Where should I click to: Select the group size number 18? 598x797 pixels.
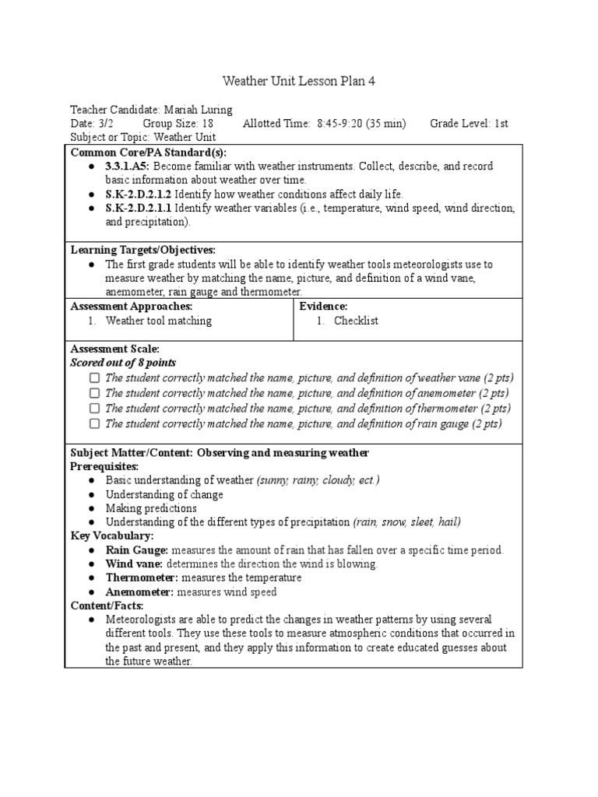206,124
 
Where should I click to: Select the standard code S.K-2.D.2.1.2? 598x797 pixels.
139,193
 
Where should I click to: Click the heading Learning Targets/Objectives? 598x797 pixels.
142,250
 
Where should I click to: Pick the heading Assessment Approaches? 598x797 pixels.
132,307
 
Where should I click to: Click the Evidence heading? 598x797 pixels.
323,307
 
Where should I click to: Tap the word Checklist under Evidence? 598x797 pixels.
356,321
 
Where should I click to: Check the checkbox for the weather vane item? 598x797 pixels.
94,377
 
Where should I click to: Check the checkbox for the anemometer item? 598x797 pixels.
94,393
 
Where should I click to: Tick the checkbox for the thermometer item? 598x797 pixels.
94,409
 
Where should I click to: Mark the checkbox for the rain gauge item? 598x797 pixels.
94,424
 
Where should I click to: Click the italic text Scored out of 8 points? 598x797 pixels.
123,363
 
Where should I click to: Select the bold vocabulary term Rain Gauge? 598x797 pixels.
137,550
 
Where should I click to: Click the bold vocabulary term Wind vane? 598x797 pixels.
134,564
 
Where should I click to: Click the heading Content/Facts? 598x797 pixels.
107,606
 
